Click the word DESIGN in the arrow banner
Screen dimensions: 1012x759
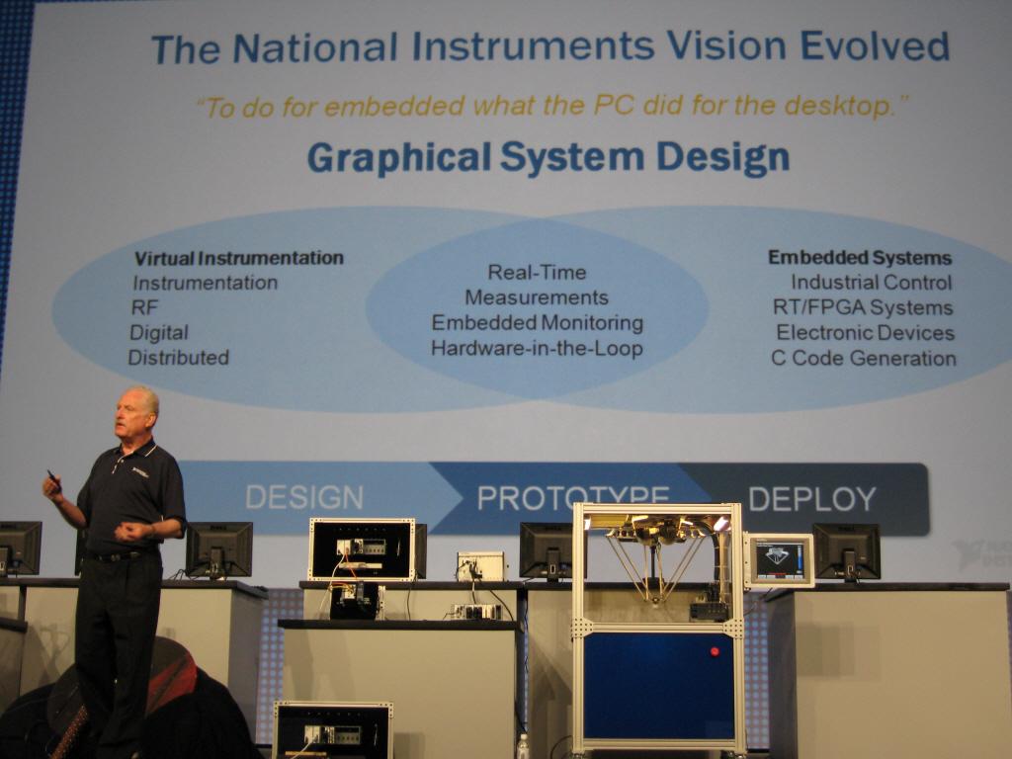[x=304, y=498]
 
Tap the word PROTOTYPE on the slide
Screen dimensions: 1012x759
[x=573, y=496]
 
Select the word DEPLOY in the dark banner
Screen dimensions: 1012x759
[x=812, y=499]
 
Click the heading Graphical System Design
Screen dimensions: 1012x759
[x=548, y=157]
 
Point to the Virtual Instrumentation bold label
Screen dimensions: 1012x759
[x=239, y=258]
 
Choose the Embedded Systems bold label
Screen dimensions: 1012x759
[x=860, y=258]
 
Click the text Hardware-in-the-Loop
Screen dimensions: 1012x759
[x=537, y=349]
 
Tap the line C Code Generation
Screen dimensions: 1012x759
[x=864, y=358]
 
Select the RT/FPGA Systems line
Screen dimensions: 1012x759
[x=863, y=308]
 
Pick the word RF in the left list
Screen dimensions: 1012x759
[x=144, y=308]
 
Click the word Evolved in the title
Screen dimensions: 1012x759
[x=875, y=46]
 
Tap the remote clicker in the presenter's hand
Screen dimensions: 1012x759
[x=53, y=480]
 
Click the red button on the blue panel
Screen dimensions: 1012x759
[x=715, y=651]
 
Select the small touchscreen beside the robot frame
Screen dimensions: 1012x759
[x=780, y=559]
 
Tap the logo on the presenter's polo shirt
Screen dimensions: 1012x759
[x=140, y=472]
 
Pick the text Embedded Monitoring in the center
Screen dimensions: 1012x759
[x=537, y=323]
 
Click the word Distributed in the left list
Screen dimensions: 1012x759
[x=178, y=358]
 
